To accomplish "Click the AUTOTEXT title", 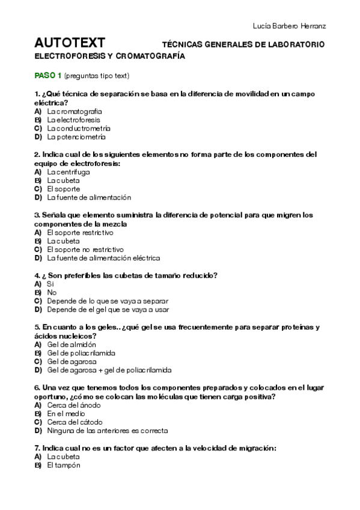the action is click(x=70, y=43).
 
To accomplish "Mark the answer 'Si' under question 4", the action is click(x=50, y=284).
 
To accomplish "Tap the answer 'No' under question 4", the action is click(x=51, y=292).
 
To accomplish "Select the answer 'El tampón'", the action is click(x=63, y=465).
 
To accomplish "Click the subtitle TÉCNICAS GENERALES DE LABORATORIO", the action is click(x=243, y=45).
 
